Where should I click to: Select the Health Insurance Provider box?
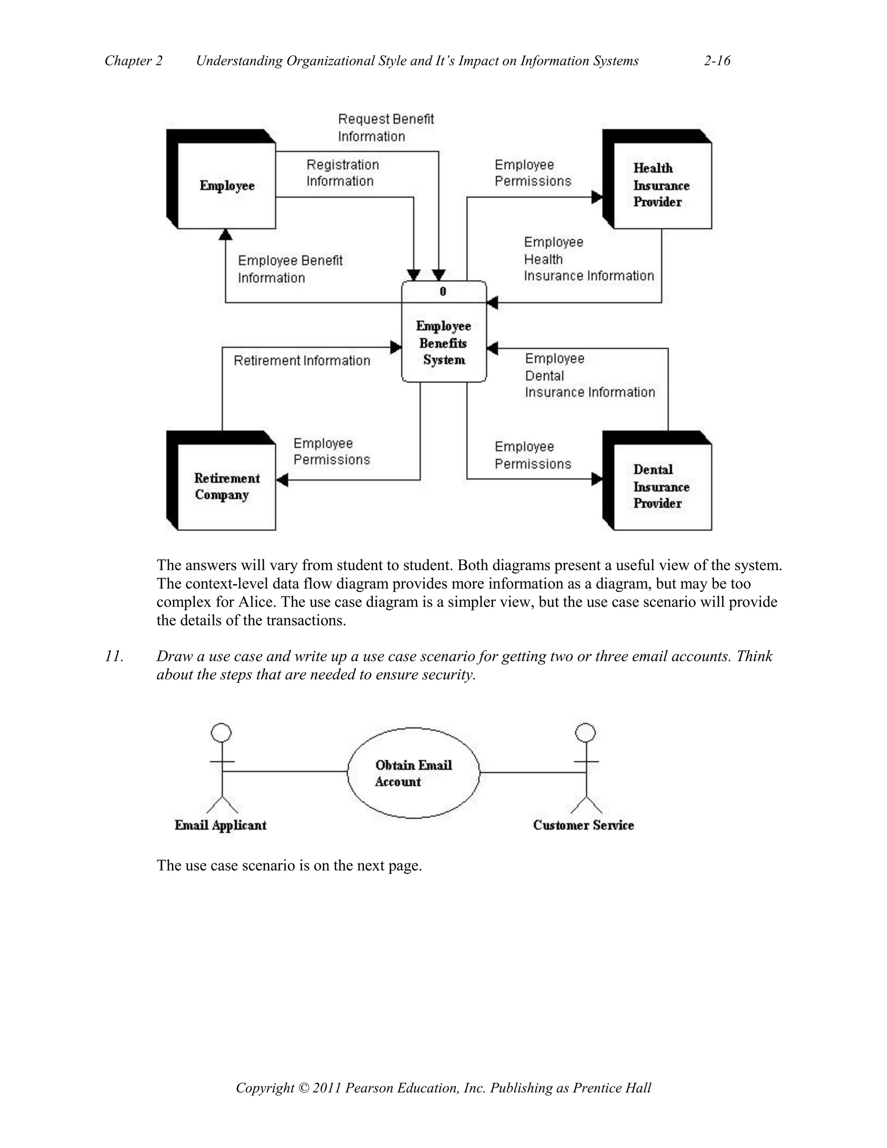(662, 185)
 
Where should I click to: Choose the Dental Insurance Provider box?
(662, 486)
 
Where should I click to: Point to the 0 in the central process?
(443, 291)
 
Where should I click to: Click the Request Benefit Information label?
(386, 127)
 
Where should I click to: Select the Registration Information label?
(343, 173)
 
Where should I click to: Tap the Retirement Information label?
(301, 360)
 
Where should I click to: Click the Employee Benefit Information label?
(290, 269)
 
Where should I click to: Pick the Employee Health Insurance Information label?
(589, 259)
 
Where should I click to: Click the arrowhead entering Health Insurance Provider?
(597, 197)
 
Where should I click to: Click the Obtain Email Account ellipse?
(414, 773)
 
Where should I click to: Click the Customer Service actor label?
(583, 825)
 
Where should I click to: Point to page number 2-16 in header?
(717, 61)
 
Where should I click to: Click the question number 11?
(114, 656)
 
